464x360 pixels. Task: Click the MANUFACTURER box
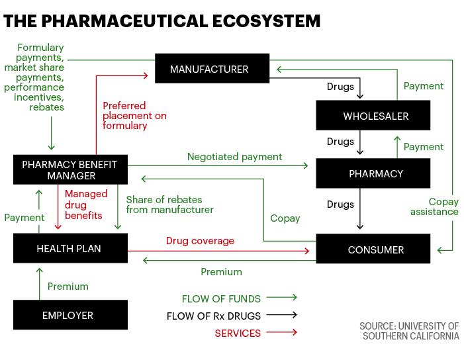(x=212, y=68)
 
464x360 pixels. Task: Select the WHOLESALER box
(x=373, y=115)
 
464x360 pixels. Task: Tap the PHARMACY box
(x=373, y=173)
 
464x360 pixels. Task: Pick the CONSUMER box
(x=373, y=248)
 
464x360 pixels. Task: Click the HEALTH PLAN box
(x=70, y=248)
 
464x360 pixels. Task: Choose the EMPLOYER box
(x=70, y=315)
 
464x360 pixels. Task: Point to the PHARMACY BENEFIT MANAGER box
(x=70, y=169)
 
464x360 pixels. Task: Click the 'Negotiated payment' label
(x=235, y=157)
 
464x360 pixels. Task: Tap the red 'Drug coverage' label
(x=200, y=241)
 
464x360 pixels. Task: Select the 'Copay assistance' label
(x=434, y=206)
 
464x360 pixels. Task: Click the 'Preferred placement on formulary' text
(x=134, y=116)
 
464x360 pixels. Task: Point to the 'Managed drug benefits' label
(x=86, y=204)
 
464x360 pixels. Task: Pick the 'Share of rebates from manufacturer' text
(x=170, y=204)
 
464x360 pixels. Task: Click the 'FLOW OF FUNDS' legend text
(x=221, y=298)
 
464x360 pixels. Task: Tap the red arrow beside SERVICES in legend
(x=282, y=332)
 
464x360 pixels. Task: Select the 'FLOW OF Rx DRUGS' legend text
(x=214, y=316)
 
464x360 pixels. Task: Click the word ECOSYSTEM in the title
(x=266, y=21)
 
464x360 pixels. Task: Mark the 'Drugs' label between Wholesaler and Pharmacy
(x=340, y=142)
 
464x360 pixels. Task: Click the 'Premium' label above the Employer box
(x=68, y=287)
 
